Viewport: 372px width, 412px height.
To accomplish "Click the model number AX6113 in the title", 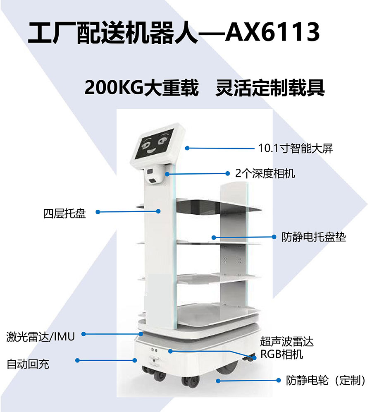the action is tap(272, 32).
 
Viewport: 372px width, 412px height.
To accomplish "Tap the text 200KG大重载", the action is tap(141, 88).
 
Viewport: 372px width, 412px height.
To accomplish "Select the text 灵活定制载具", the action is tap(270, 88).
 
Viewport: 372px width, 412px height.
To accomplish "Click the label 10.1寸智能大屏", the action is tap(296, 149).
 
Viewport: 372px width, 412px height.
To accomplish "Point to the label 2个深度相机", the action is tap(265, 173).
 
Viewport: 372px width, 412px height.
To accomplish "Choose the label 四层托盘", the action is tap(64, 213).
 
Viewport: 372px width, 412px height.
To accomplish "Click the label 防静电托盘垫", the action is tap(314, 237).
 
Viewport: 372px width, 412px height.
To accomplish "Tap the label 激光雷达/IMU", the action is tap(41, 337).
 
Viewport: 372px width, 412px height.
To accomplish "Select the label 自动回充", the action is tap(28, 364).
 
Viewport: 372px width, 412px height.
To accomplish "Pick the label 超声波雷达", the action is tap(287, 342).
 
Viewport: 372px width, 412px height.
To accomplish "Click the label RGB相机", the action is tap(282, 354).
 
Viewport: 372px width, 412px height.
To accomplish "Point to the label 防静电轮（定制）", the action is tap(326, 380).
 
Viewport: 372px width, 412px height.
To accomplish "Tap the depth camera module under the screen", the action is tap(154, 175).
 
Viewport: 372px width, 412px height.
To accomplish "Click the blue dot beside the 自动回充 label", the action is tap(77, 361).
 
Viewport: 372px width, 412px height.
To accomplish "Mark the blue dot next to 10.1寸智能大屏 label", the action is tap(187, 148).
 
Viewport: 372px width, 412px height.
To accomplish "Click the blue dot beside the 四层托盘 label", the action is tap(98, 212).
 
